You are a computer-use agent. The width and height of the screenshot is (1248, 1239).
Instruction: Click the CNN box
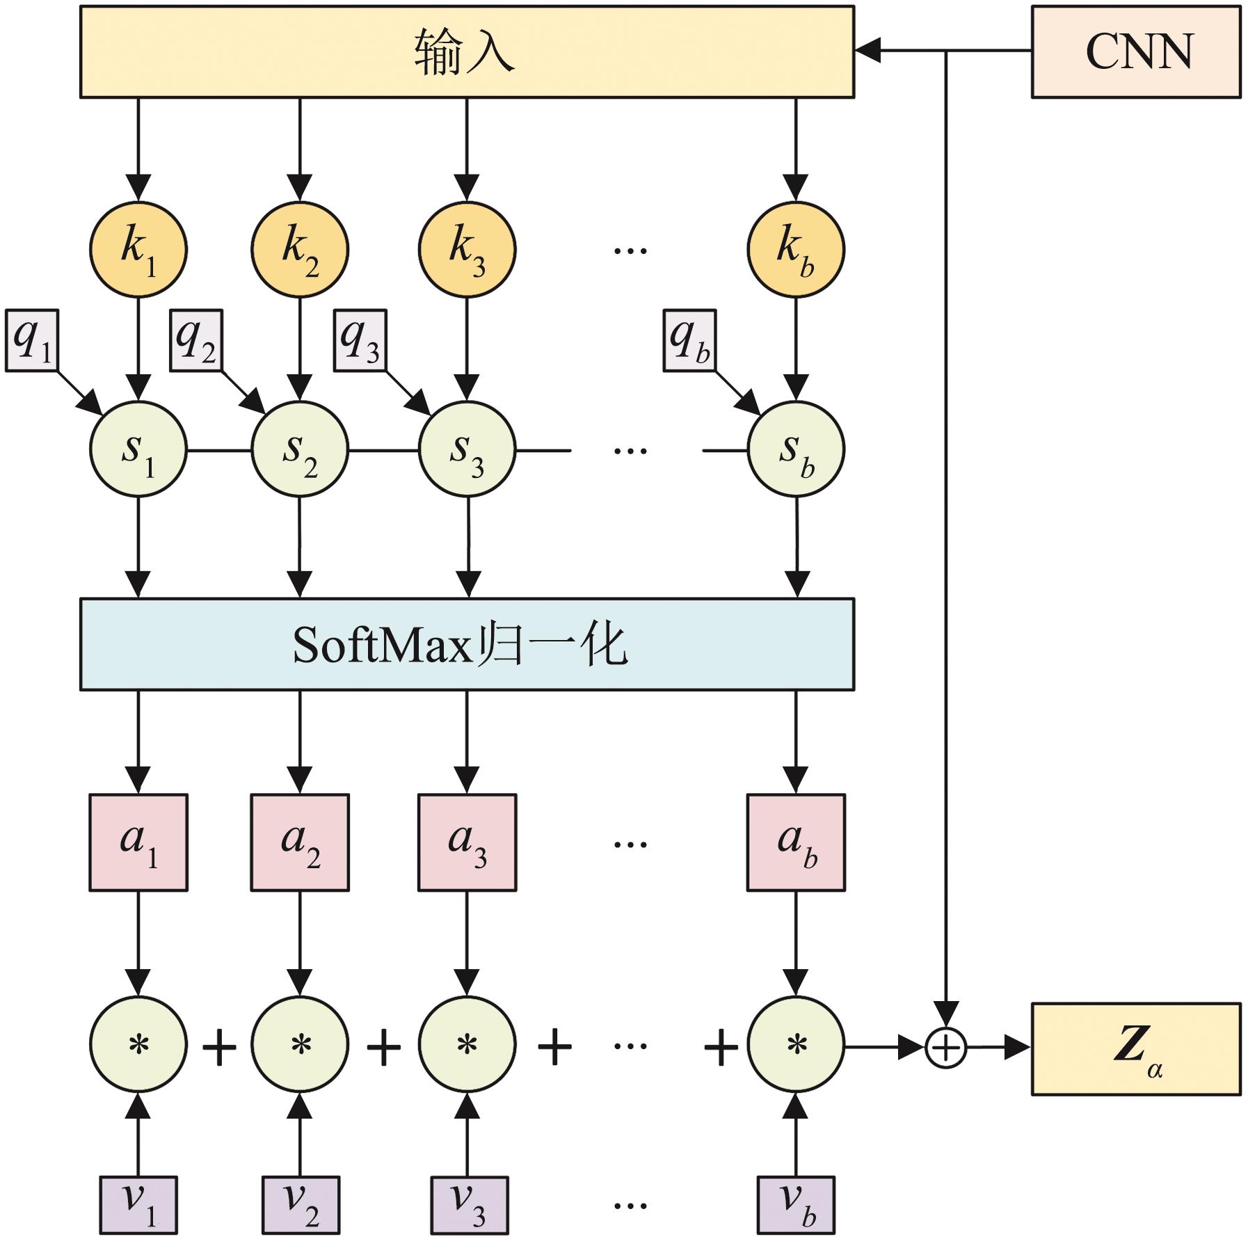1135,52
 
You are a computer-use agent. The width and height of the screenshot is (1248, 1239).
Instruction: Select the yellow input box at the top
467,52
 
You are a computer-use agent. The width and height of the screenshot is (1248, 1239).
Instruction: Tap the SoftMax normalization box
467,644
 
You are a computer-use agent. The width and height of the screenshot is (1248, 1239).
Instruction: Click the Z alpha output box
1135,1048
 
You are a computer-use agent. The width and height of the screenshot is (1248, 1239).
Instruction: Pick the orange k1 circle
138,249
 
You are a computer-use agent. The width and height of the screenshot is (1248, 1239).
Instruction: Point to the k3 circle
467,249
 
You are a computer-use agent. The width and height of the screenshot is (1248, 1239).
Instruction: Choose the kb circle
796,249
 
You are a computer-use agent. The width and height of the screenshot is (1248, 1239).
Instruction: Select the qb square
689,340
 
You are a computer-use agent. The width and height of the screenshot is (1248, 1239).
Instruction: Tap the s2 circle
300,449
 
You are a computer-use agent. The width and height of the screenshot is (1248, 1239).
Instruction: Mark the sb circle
796,449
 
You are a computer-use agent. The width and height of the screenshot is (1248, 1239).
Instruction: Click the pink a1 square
138,842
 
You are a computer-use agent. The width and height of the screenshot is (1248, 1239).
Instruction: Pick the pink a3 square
467,842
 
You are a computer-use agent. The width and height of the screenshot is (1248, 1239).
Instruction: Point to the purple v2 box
301,1204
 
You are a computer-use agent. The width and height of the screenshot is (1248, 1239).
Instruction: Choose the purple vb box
796,1204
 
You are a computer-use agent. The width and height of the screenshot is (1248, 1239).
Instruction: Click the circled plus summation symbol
946,1046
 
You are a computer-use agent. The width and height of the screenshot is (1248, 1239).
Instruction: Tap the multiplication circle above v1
138,1045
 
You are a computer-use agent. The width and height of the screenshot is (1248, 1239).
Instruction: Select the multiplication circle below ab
796,1045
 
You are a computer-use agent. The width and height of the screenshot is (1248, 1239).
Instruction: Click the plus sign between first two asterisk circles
219,1046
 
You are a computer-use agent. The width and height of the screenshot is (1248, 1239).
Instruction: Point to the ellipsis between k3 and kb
630,249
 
